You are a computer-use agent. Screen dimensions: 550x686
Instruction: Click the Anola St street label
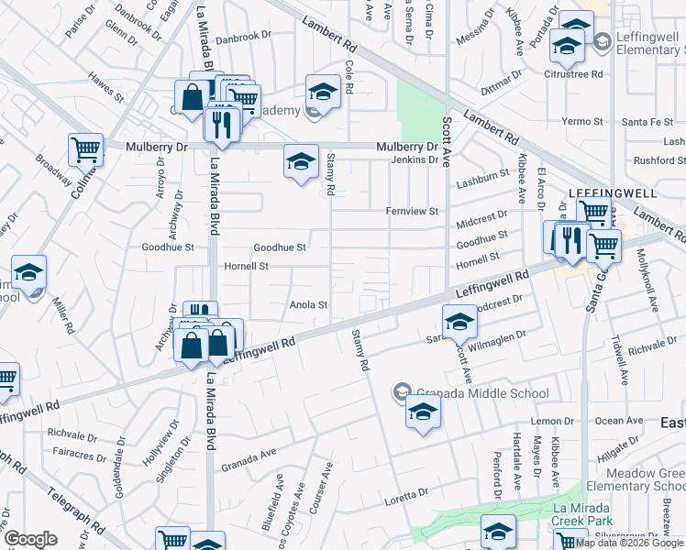point(308,304)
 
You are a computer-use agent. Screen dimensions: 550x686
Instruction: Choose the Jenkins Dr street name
point(415,159)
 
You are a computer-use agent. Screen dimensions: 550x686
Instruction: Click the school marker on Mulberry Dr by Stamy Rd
point(300,163)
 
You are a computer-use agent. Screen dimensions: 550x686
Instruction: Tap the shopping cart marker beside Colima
point(84,148)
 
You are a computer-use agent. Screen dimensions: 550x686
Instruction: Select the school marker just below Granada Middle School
point(423,412)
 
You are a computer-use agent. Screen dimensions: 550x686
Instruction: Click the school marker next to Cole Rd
point(322,93)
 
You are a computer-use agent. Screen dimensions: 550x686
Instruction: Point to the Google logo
point(31,539)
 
